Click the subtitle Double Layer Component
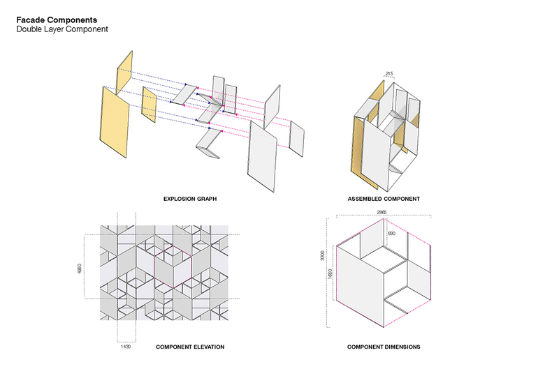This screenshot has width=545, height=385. pos(62,30)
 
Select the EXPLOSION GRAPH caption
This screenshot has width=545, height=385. pos(190,199)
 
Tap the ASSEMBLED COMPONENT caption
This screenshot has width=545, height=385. pos(384,199)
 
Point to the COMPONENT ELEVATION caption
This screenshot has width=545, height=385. pos(190,347)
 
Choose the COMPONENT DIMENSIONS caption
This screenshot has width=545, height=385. pos(384,347)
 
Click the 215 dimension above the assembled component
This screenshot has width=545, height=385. pos(390,73)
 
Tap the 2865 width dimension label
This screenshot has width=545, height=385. pos(381,211)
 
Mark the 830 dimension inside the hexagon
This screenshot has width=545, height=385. pos(391,233)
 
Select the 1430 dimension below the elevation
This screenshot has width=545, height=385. pos(126,346)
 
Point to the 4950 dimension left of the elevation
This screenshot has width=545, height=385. pos(79,267)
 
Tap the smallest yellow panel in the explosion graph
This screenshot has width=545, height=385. pos(148,104)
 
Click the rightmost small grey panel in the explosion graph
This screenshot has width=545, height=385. pos(296,138)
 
